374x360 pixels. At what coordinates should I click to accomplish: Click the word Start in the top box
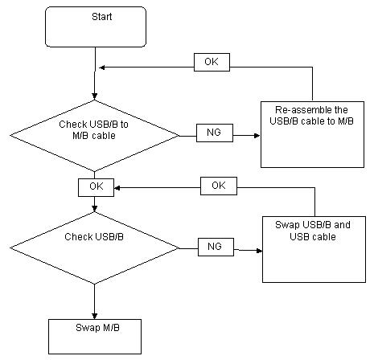point(102,17)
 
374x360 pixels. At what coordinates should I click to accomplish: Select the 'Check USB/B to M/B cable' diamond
point(94,136)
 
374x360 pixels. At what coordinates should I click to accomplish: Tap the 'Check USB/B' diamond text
point(94,237)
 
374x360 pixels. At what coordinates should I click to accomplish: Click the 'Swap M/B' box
point(95,337)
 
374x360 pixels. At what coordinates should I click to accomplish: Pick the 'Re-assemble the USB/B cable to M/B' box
point(312,134)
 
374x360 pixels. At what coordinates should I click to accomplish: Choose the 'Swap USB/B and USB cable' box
point(314,249)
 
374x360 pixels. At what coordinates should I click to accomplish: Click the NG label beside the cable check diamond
point(215,133)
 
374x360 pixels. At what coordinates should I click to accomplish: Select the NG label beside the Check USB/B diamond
point(216,247)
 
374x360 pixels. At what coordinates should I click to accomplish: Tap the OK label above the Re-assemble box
point(212,62)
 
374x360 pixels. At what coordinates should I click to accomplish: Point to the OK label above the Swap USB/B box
point(219,186)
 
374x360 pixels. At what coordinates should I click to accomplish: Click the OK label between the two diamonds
point(96,187)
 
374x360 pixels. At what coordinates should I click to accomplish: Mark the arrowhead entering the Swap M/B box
point(94,316)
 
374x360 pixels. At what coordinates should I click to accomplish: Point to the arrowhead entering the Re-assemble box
point(257,136)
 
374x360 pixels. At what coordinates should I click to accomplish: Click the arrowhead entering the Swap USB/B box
point(259,251)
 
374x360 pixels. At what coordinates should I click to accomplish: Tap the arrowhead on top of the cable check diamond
point(94,96)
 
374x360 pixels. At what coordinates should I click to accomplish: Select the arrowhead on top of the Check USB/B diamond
point(94,209)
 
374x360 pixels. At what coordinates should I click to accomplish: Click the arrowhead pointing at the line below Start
point(102,67)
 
